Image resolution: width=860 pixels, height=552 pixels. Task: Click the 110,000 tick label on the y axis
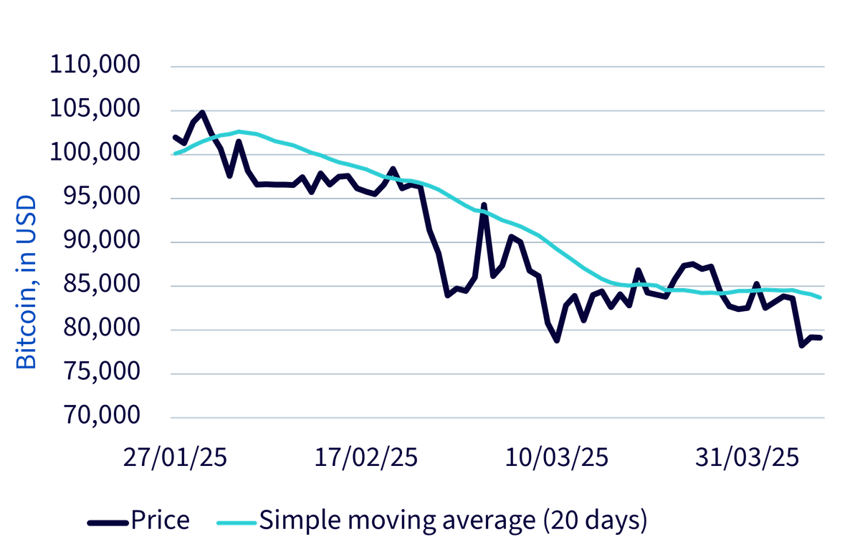95,64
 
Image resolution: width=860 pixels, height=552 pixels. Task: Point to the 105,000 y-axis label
95,108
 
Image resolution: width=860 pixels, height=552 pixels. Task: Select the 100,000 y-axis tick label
95,152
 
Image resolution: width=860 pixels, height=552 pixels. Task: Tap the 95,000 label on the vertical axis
102,196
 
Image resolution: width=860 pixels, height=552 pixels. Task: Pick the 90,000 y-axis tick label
102,239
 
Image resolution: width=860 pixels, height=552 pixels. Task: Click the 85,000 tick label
102,283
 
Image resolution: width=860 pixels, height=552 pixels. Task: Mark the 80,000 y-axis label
102,328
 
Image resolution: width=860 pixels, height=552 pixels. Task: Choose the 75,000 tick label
102,371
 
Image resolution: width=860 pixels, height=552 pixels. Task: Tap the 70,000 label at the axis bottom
102,415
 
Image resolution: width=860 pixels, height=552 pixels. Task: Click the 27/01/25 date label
175,458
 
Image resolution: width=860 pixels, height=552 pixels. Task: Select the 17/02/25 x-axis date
366,458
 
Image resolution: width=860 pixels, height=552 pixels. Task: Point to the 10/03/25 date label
557,458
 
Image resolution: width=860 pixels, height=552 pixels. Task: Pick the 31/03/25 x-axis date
747,458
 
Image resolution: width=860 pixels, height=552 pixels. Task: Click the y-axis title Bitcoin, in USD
26,282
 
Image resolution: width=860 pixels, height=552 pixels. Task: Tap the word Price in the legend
161,520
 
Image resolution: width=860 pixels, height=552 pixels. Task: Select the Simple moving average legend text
454,521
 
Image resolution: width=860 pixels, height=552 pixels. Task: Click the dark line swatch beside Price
108,523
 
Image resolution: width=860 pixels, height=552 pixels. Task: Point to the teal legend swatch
236,523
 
